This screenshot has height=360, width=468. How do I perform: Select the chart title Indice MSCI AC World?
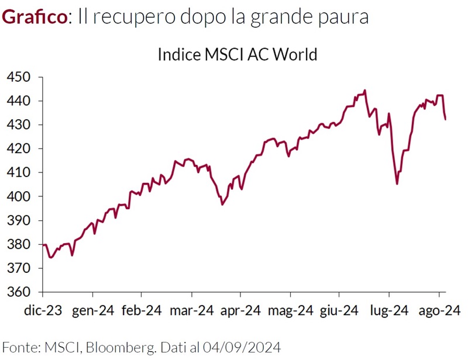pos(237,54)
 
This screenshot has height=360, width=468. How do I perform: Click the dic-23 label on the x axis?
pos(43,310)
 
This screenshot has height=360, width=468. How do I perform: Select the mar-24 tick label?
pos(190,310)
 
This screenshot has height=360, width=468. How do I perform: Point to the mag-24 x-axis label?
pos(291,310)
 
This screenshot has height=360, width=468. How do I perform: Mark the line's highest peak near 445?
pos(365,91)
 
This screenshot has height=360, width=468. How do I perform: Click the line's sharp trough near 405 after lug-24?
pos(397,184)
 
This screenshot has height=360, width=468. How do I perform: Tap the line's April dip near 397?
pos(222,204)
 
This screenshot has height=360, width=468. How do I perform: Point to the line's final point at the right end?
pos(446,119)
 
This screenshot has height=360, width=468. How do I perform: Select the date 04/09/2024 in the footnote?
pos(247,347)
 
